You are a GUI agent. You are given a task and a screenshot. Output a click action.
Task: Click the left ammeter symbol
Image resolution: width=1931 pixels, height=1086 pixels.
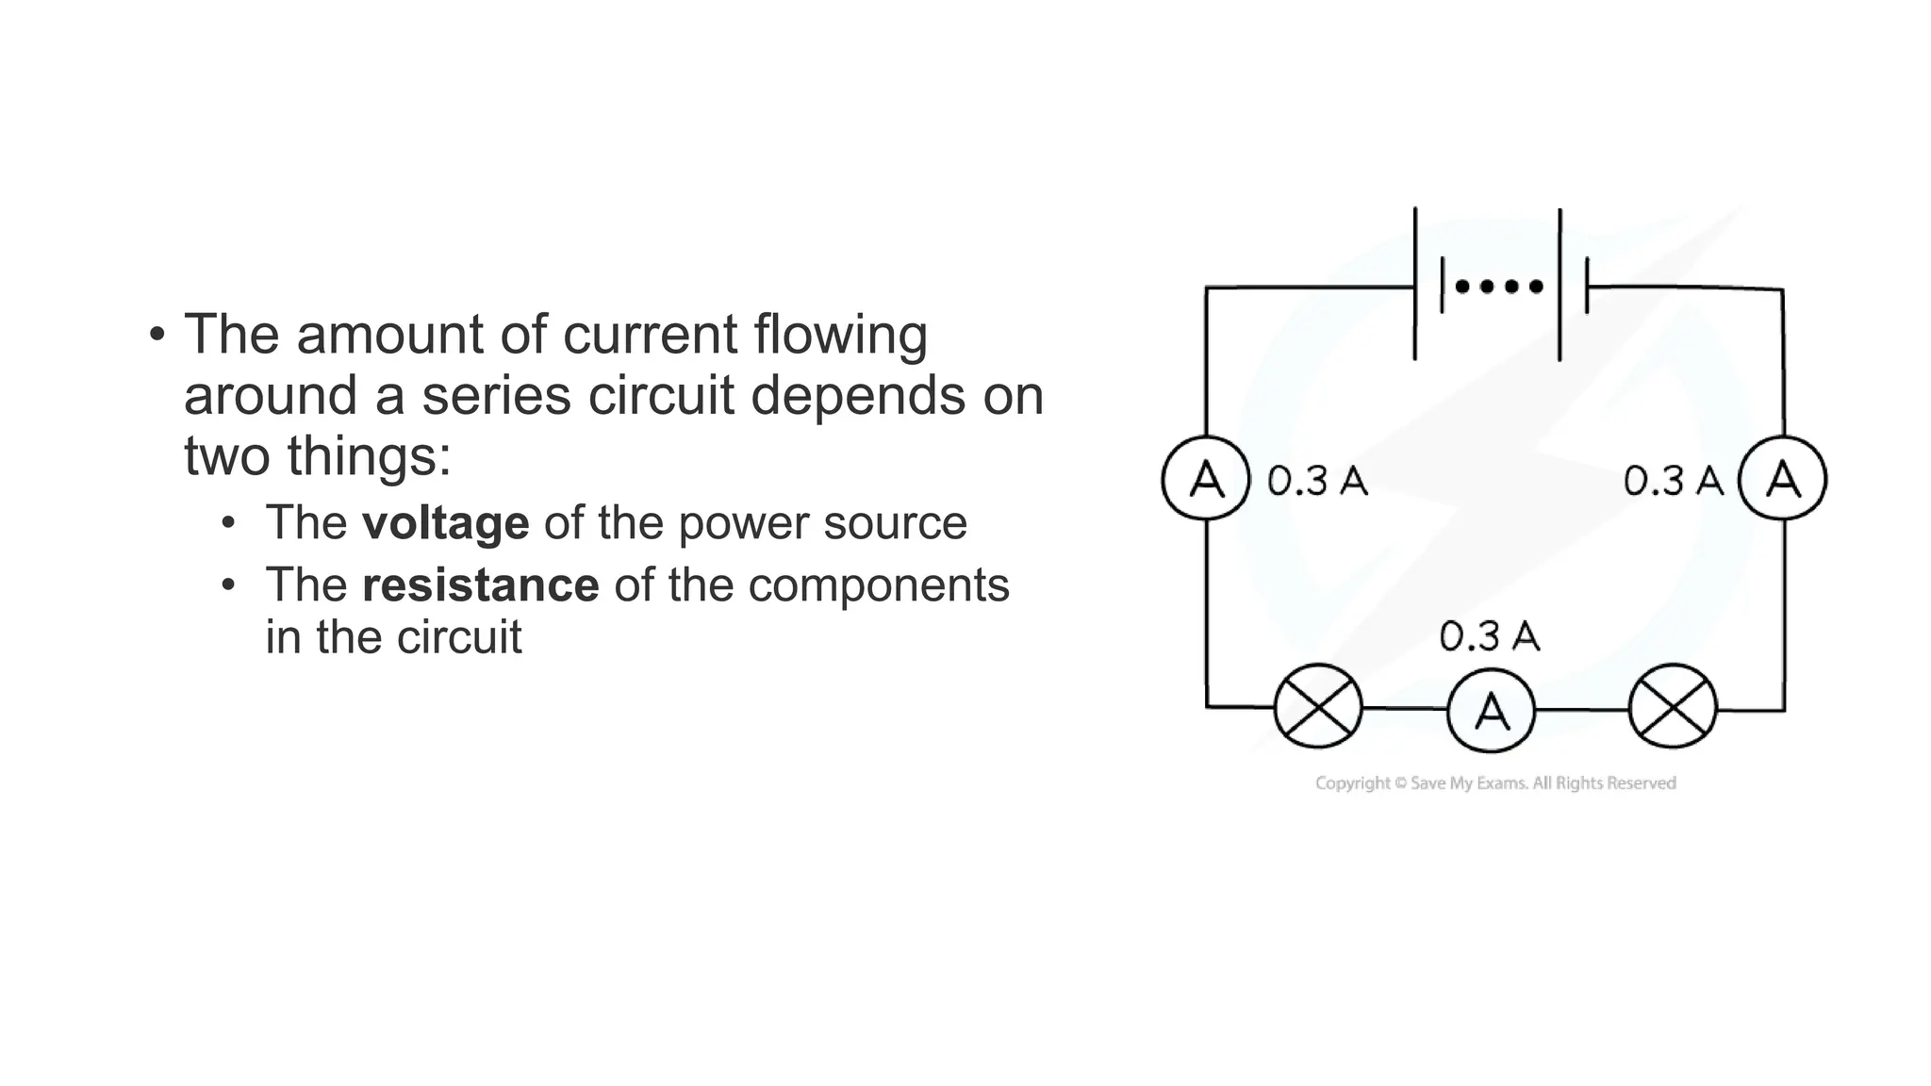1206,478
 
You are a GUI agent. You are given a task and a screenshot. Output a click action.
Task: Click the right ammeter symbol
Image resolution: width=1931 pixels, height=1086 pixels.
1782,478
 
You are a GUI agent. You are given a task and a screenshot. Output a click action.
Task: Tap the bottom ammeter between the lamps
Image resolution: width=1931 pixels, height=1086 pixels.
1491,710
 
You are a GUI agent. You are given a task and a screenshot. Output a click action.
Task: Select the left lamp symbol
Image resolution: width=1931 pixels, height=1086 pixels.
1317,706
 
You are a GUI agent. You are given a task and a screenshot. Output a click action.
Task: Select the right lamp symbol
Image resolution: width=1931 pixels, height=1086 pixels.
1673,706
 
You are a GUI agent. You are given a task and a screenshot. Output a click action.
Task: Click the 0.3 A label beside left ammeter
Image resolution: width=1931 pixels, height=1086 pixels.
1317,481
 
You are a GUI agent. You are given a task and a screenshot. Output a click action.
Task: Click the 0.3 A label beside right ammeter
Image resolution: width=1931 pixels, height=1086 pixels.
1673,481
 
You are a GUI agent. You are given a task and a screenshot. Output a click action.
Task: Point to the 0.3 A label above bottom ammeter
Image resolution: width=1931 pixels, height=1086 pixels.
1489,637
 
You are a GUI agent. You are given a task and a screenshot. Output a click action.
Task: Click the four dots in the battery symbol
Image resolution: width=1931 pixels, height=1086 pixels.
1499,286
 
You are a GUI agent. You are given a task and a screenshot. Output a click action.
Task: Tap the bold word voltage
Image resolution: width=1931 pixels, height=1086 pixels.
445,523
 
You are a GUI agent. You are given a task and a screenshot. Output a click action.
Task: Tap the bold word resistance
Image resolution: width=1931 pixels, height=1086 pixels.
480,585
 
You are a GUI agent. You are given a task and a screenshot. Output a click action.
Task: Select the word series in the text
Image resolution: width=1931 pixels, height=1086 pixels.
496,395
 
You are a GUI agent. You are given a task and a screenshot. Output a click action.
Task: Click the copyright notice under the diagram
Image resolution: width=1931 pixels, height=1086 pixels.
1495,783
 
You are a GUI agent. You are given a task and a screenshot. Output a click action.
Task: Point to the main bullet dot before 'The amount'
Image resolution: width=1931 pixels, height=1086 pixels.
157,335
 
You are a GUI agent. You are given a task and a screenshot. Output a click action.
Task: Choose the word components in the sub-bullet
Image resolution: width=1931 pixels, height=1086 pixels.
878,585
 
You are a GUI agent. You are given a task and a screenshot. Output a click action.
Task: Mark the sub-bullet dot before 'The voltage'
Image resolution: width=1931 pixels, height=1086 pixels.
228,523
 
